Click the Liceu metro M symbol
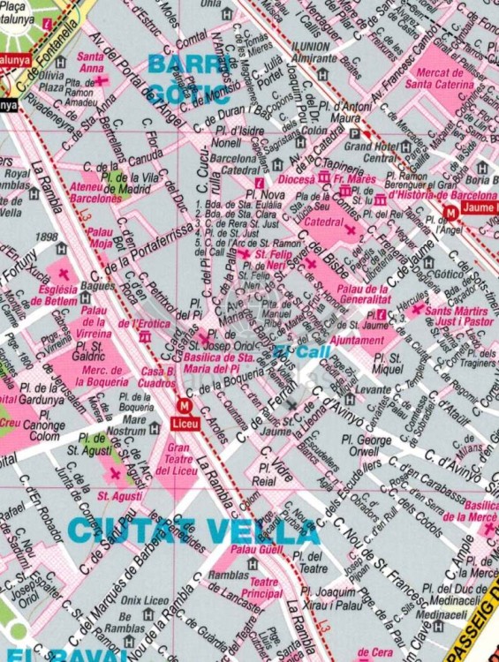coord(185,406)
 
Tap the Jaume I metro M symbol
coord(451,212)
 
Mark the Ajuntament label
coord(355,340)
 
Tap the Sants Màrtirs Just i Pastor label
coord(457,316)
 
